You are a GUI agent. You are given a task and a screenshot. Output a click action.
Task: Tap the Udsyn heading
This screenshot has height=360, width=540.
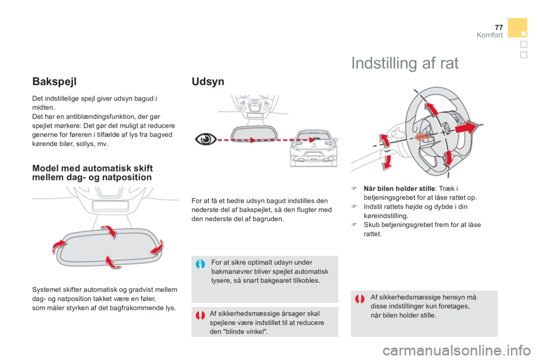[208, 82]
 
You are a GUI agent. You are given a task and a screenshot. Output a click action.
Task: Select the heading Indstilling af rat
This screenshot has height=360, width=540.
[405, 64]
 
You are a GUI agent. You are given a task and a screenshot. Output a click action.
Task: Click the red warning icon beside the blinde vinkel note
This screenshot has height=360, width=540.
[200, 316]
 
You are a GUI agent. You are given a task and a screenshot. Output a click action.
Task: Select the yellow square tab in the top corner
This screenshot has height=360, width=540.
[517, 27]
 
